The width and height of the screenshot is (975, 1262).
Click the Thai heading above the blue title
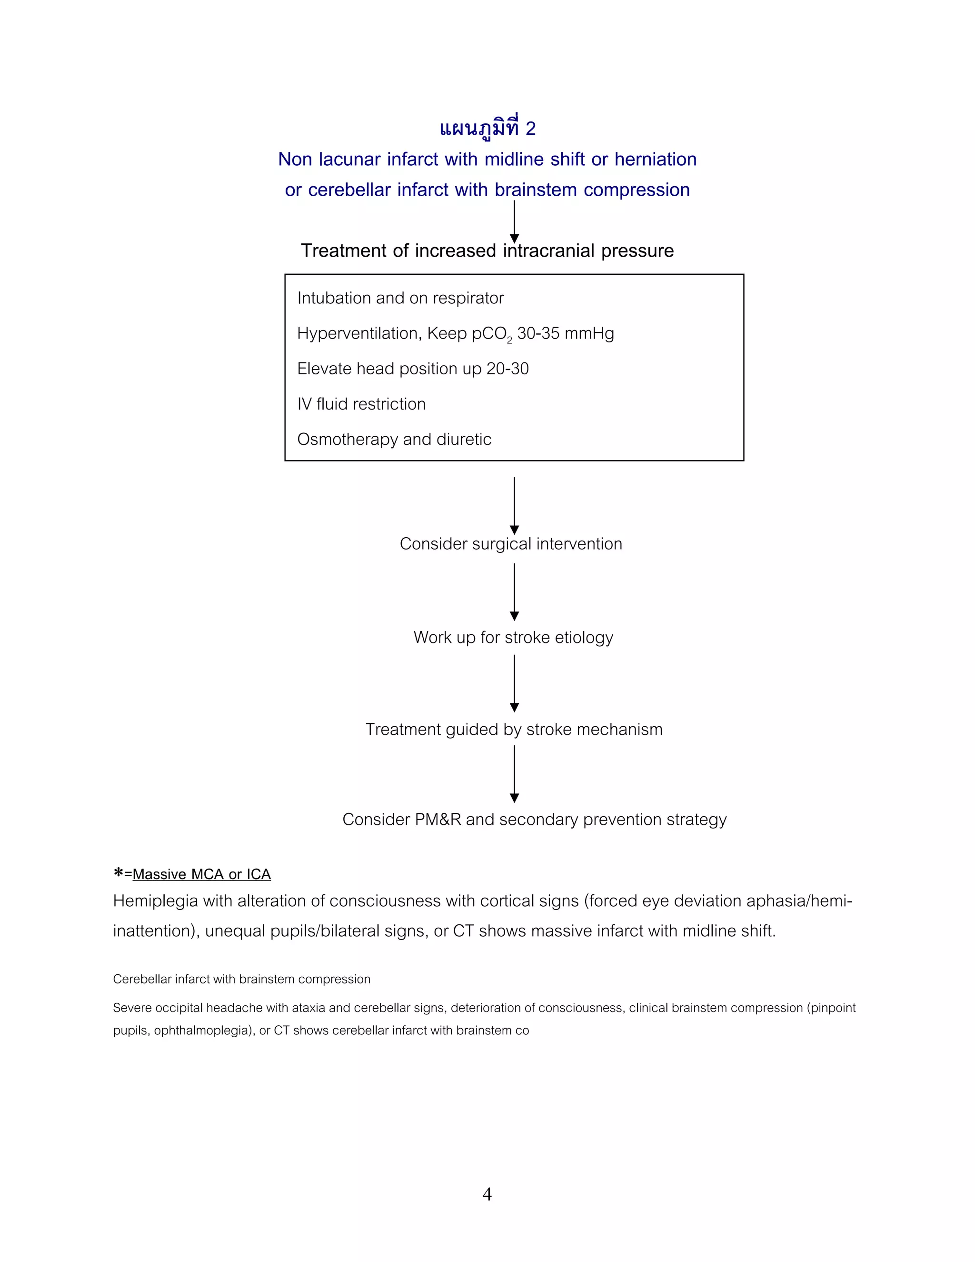487,128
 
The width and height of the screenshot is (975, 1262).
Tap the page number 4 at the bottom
487,1194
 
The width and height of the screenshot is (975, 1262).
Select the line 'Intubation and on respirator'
400,298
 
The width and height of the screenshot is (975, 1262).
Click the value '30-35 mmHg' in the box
566,333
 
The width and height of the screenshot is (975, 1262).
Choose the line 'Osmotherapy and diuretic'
394,439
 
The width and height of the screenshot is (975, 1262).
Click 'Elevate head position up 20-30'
412,369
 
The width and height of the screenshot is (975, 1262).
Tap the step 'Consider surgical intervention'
511,544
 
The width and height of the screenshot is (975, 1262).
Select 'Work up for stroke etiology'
513,637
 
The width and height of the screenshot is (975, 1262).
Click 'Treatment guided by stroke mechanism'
514,729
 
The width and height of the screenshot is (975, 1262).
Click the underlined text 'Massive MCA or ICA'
201,874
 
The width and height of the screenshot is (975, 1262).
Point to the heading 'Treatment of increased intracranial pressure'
487,251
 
